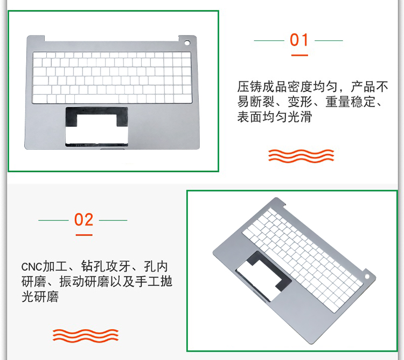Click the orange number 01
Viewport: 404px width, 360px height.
(x=299, y=40)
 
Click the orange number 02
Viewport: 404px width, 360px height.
(x=83, y=219)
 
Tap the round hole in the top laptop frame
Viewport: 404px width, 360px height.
(x=187, y=43)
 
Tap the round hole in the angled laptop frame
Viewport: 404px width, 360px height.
(x=367, y=276)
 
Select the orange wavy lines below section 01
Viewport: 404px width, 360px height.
(x=301, y=156)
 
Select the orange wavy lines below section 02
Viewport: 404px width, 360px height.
(x=86, y=336)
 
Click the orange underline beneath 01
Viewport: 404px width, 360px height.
(x=299, y=55)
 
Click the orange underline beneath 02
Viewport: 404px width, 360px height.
(x=84, y=235)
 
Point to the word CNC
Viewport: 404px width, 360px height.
(x=31, y=267)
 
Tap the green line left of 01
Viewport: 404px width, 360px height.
(x=269, y=40)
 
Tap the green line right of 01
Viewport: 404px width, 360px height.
(x=329, y=40)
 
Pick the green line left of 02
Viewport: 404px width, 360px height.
(x=53, y=220)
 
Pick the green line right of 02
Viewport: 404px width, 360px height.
(x=113, y=220)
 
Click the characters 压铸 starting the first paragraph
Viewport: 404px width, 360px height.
(x=249, y=87)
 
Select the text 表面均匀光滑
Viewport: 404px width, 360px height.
(x=274, y=117)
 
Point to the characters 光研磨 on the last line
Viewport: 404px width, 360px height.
(x=40, y=296)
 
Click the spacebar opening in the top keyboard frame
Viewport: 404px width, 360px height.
(x=96, y=99)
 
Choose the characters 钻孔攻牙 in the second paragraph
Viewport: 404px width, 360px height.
(x=106, y=266)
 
